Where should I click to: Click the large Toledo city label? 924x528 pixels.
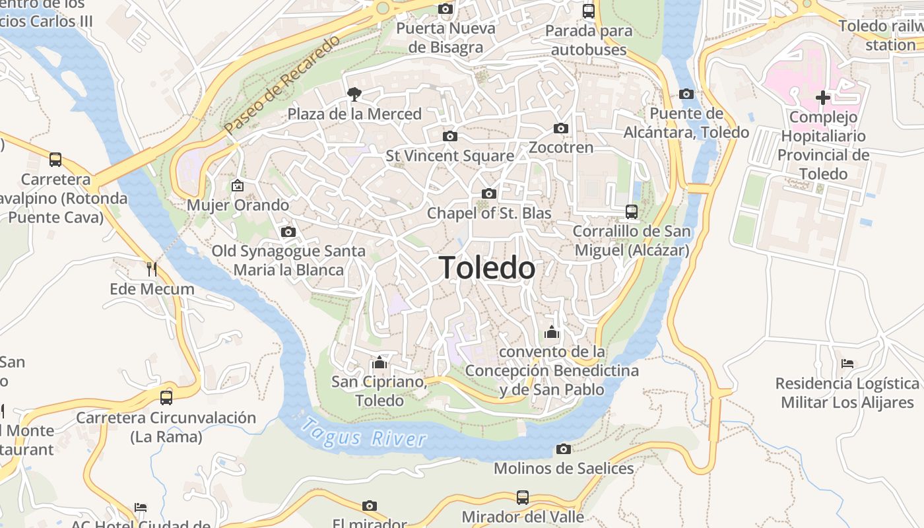pos(487,268)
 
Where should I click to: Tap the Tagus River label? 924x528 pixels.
pos(364,433)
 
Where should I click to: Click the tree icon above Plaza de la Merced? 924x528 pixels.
pos(354,94)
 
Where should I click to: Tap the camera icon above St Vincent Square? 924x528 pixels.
pos(449,136)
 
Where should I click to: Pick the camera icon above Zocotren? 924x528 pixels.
pos(560,128)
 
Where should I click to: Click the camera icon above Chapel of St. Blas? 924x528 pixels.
pos(488,193)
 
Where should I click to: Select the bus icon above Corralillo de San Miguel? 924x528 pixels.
pos(632,212)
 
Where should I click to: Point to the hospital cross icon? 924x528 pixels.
pos(823,98)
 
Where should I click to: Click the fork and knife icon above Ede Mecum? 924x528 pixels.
pos(152,269)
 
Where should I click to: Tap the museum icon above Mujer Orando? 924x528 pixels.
pos(238,185)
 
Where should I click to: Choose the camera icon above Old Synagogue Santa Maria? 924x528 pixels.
pos(288,232)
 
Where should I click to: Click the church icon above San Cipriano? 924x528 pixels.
pos(379,362)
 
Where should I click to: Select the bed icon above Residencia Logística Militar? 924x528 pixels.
pos(847,364)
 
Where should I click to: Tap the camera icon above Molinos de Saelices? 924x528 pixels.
pos(563,449)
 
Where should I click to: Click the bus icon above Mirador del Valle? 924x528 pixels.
pos(522,497)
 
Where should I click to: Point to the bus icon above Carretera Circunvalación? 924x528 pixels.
pos(166,397)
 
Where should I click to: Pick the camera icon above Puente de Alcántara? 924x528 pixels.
pos(686,94)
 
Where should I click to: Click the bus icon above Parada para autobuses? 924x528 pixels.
pos(588,11)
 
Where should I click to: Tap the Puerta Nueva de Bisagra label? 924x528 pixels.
pos(445,38)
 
